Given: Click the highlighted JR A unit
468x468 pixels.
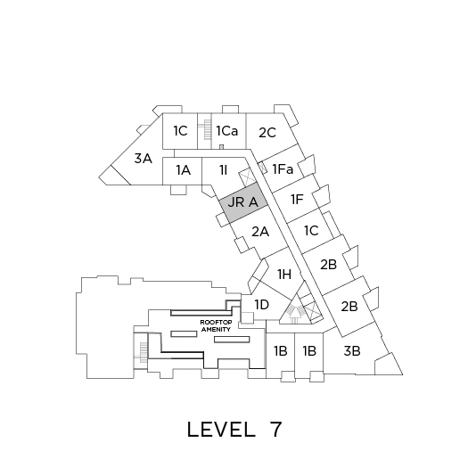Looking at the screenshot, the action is click(x=243, y=202).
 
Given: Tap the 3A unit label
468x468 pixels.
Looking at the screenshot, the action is click(x=144, y=158).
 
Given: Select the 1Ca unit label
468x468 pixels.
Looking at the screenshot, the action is click(x=227, y=131).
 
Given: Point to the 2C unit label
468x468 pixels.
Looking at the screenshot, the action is click(x=267, y=133).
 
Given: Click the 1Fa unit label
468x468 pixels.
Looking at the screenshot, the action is click(x=283, y=169).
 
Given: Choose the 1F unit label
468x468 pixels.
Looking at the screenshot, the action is click(x=297, y=200).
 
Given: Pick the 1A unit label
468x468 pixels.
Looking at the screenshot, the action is click(x=183, y=170).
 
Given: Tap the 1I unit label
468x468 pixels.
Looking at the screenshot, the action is click(x=224, y=170).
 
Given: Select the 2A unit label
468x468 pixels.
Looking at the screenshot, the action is click(x=260, y=231).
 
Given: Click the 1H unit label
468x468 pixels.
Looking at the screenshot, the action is click(x=284, y=275).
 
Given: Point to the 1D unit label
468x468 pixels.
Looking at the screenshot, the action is click(x=262, y=305).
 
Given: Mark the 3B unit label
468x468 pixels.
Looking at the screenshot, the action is click(x=352, y=351).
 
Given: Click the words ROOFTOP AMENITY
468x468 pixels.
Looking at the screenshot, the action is click(x=216, y=326).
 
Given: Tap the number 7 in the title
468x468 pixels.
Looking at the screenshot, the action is click(x=275, y=430).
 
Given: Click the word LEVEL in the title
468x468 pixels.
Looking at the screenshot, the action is click(x=221, y=430).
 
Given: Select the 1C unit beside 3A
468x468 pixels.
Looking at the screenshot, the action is click(x=180, y=131).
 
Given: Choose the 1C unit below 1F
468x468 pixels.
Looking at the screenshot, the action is click(x=311, y=231).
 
